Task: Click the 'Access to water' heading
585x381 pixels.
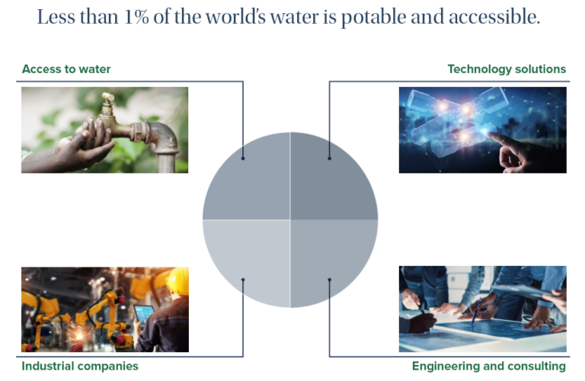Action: [x=66, y=69]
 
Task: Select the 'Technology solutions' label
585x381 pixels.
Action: [x=507, y=69]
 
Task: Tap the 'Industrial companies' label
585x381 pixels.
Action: [x=80, y=366]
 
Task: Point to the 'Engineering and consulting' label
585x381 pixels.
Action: [x=489, y=366]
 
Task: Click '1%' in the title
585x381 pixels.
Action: [x=136, y=18]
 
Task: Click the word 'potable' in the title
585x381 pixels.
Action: [x=373, y=18]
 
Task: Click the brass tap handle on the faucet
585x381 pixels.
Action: [x=108, y=98]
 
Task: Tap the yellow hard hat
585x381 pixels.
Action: [x=178, y=281]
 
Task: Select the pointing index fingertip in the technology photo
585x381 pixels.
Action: [x=490, y=133]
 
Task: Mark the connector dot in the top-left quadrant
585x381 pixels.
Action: [x=243, y=158]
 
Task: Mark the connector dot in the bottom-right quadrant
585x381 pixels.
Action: [x=329, y=280]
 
